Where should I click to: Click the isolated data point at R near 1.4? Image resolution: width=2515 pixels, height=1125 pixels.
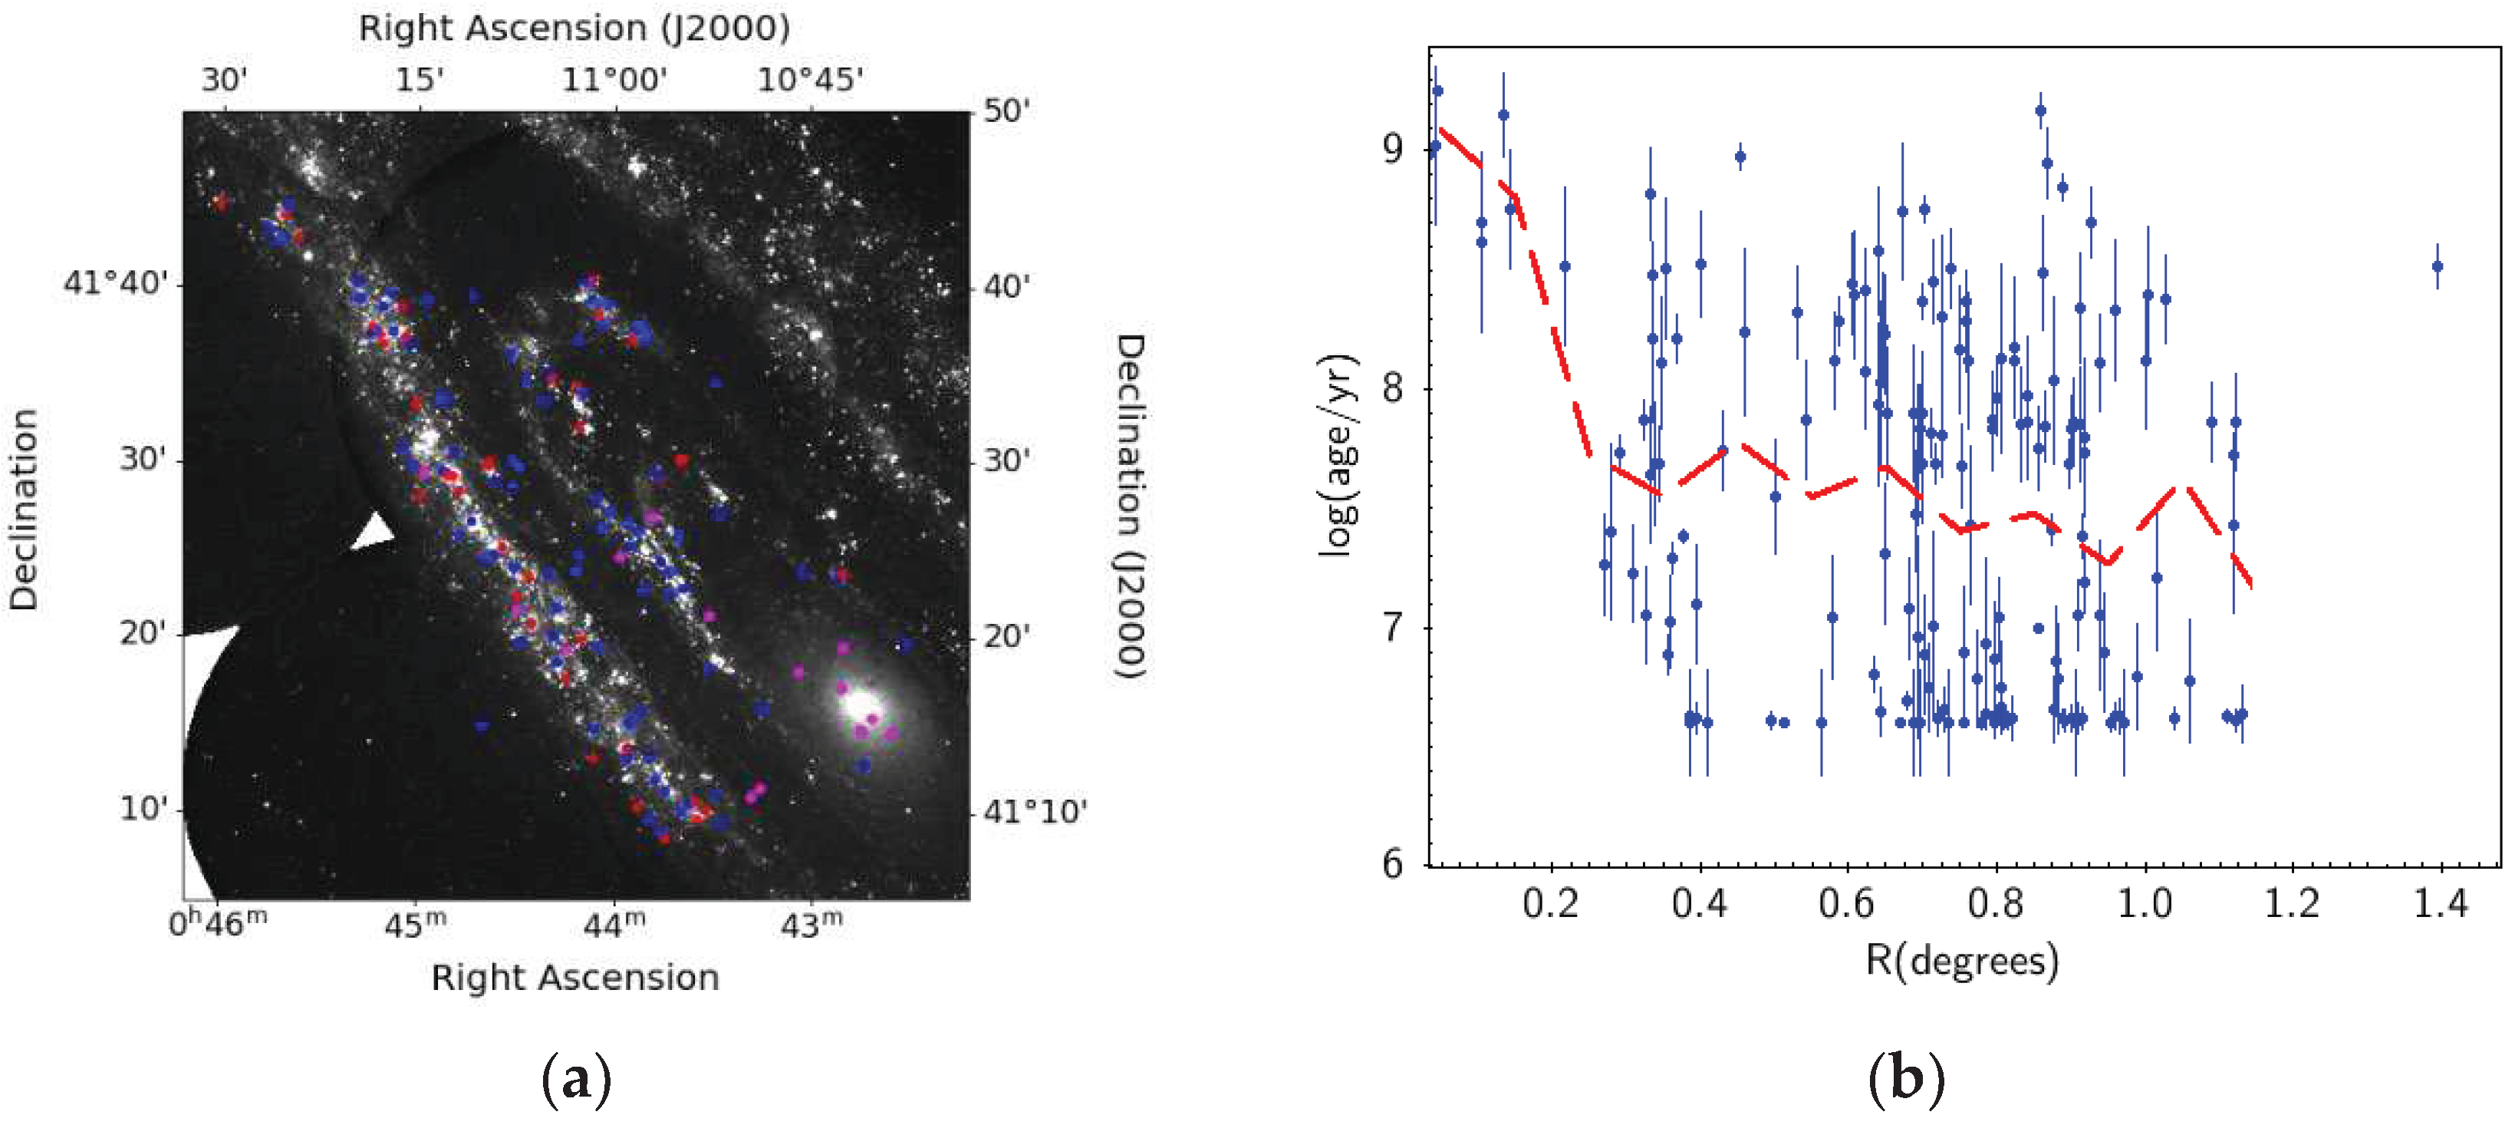[2437, 266]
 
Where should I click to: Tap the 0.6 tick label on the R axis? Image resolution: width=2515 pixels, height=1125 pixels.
[1845, 902]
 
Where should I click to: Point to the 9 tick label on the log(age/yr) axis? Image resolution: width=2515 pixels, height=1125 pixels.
[1392, 148]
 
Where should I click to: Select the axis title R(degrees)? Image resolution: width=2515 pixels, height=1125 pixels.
[1963, 960]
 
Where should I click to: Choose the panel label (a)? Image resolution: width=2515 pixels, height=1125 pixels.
[576, 1079]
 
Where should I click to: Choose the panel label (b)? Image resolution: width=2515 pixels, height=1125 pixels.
[1906, 1079]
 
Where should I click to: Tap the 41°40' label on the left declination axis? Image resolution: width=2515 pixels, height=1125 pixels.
[115, 283]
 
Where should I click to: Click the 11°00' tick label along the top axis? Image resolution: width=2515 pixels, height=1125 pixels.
[614, 79]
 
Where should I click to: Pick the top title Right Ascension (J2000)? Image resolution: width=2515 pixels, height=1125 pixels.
[574, 28]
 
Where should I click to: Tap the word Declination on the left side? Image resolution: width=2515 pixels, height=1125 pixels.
[24, 509]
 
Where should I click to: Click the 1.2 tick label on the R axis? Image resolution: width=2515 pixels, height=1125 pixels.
[2292, 902]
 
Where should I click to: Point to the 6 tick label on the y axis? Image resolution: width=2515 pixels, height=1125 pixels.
[1392, 864]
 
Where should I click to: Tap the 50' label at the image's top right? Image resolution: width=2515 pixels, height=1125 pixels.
[1006, 111]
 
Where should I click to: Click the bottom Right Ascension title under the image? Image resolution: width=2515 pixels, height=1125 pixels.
[575, 978]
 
